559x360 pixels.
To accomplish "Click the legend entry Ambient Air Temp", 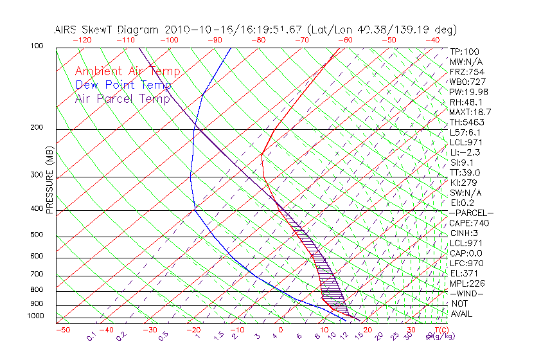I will pyautogui.click(x=127, y=71).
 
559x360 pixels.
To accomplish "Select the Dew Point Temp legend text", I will pyautogui.click(x=123, y=85).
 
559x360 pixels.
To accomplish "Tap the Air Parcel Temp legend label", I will pyautogui.click(x=123, y=98).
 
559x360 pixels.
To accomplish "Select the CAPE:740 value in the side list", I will pyautogui.click(x=469, y=223).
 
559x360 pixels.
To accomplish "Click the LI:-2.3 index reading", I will pyautogui.click(x=465, y=152).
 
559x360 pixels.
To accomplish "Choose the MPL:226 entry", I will pyautogui.click(x=467, y=283).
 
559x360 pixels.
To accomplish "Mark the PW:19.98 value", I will pyautogui.click(x=469, y=92).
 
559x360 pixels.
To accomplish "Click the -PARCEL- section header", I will pyautogui.click(x=472, y=213).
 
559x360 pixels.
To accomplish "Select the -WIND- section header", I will pyautogui.click(x=467, y=294).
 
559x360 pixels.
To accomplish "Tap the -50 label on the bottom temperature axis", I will pyautogui.click(x=62, y=330).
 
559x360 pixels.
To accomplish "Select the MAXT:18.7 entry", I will pyautogui.click(x=471, y=112).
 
